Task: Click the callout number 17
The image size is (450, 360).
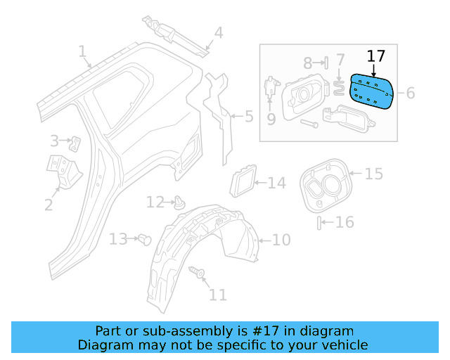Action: [x=376, y=56]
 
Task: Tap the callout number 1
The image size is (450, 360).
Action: [x=82, y=51]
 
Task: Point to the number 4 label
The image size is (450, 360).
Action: [x=219, y=32]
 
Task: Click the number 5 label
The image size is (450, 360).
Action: [x=249, y=116]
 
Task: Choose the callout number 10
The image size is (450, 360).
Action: [x=281, y=240]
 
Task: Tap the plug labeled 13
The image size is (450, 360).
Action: [x=146, y=238]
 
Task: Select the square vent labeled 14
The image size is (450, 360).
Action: [x=243, y=181]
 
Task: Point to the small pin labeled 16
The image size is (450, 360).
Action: [x=320, y=224]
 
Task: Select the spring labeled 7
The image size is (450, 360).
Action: [x=338, y=88]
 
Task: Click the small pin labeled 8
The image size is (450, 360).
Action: [x=326, y=63]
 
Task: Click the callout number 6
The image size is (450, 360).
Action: [x=411, y=92]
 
